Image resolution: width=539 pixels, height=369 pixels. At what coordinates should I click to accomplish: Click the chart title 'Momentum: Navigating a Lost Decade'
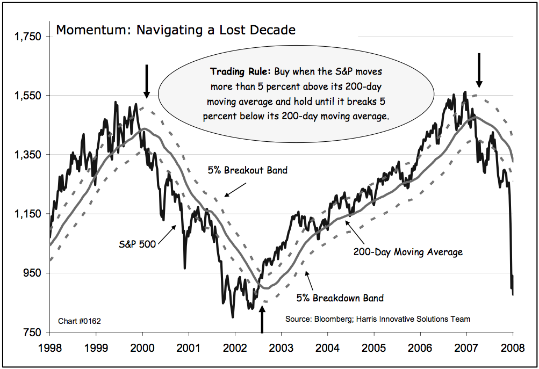175,30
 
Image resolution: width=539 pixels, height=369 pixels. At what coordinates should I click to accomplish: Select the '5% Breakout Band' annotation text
248,171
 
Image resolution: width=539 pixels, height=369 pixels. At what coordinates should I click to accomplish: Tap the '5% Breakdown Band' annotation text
340,298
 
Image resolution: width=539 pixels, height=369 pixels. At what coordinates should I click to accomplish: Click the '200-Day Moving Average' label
407,251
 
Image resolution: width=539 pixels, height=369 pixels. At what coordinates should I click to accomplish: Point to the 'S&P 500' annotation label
137,244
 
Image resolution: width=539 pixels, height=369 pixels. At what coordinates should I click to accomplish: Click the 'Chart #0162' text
79,321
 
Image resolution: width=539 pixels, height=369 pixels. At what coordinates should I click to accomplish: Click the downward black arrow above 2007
479,70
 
